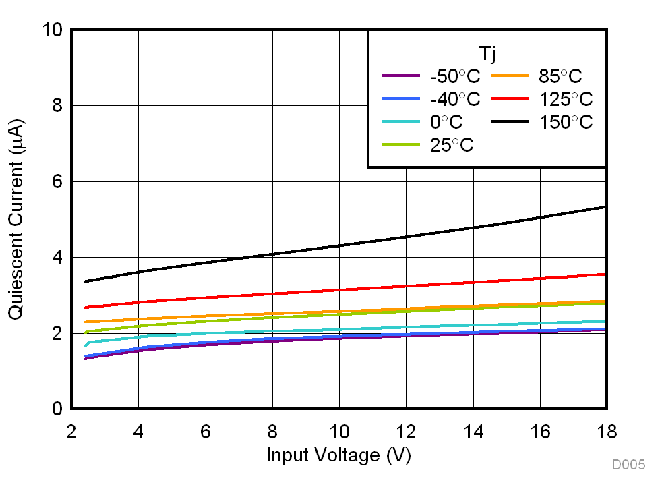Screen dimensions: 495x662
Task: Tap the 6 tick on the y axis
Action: (57, 182)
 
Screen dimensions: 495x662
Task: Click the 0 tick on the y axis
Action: (57, 409)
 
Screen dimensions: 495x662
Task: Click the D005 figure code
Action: (628, 465)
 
